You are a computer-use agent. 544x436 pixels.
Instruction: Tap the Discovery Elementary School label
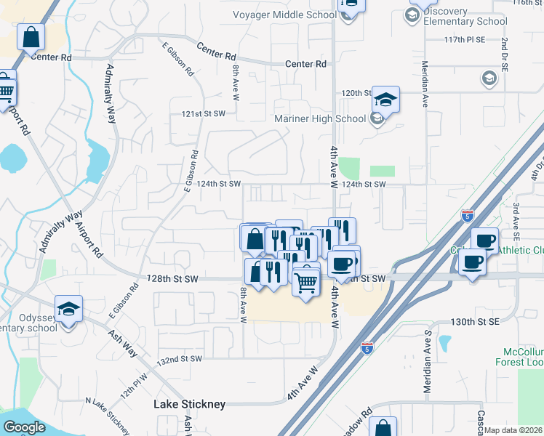[465, 16]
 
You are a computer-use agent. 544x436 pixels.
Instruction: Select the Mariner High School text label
[320, 119]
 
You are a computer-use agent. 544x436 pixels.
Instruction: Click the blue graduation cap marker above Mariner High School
[385, 100]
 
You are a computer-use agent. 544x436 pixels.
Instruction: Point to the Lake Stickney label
[189, 404]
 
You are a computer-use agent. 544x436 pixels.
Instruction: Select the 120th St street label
[357, 93]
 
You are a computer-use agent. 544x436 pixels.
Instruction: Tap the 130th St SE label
[472, 321]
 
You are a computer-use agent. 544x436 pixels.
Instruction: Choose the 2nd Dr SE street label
[503, 53]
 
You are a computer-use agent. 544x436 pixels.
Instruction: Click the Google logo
[24, 427]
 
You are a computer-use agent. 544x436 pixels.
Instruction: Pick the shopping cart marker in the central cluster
[307, 280]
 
